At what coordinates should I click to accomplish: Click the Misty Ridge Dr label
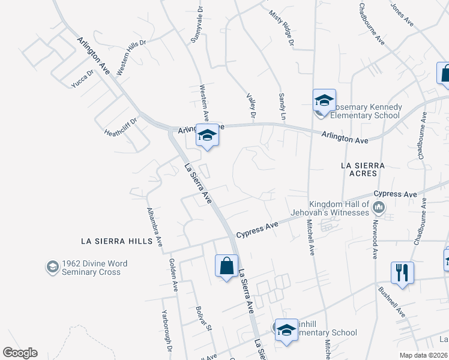point(282,28)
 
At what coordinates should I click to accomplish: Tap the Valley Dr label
point(252,105)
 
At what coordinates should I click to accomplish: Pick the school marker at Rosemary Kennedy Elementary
point(324,101)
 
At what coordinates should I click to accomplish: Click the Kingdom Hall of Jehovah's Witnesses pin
point(379,208)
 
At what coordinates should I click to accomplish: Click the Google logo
point(20,353)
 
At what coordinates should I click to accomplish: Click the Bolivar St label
point(203,318)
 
